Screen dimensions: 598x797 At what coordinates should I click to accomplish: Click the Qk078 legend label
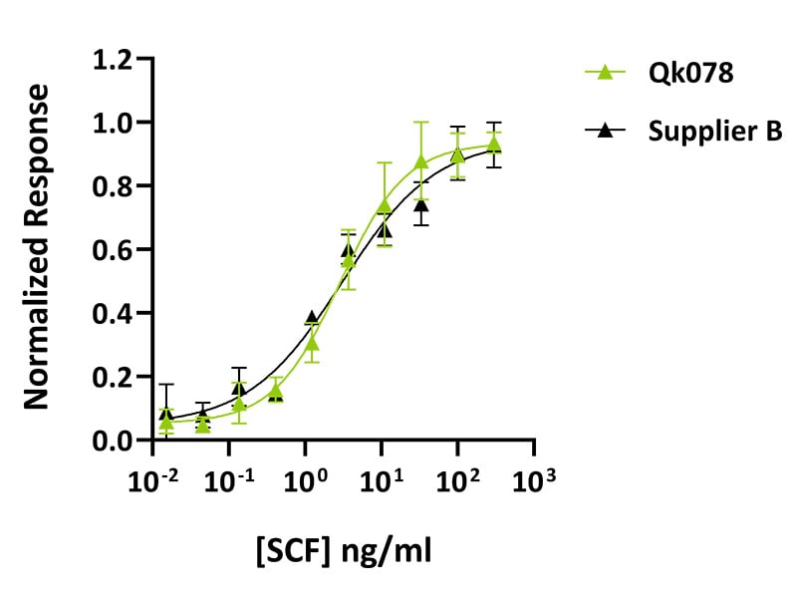click(x=679, y=73)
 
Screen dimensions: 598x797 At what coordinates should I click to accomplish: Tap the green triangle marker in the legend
click(x=604, y=72)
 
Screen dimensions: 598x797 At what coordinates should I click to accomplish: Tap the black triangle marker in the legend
click(x=604, y=131)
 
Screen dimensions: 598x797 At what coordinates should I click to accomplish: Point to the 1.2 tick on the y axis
click(x=113, y=60)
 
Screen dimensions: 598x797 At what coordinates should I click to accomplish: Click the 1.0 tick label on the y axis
click(x=113, y=123)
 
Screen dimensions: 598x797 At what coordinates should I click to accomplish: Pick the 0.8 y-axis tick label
click(x=113, y=186)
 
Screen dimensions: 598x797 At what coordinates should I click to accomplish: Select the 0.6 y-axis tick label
click(x=113, y=250)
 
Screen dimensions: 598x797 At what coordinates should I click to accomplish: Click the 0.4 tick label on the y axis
click(x=113, y=314)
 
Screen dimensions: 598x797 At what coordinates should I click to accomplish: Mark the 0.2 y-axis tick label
click(x=113, y=378)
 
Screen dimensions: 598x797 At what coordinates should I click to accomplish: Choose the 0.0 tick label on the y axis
click(x=113, y=441)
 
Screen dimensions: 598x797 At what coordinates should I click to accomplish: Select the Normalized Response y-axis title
click(x=37, y=247)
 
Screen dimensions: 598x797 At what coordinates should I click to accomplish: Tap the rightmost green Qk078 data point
click(x=494, y=146)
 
